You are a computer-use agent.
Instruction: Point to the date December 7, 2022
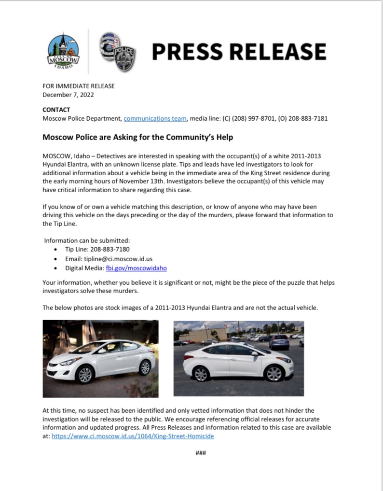[68, 95]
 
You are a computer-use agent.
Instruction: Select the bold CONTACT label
[56, 110]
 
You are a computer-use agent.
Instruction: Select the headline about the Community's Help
[137, 138]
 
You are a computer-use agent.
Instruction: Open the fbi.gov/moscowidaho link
[137, 268]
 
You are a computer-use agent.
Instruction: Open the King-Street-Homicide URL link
[133, 436]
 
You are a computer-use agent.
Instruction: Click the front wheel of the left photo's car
[85, 375]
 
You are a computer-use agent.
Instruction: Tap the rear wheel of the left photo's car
[144, 367]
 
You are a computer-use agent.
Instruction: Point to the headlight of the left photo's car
[68, 361]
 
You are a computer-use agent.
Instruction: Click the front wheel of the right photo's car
[274, 373]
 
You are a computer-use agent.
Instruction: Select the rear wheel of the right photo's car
[201, 374]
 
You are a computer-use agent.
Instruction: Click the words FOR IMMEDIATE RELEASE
[79, 86]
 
